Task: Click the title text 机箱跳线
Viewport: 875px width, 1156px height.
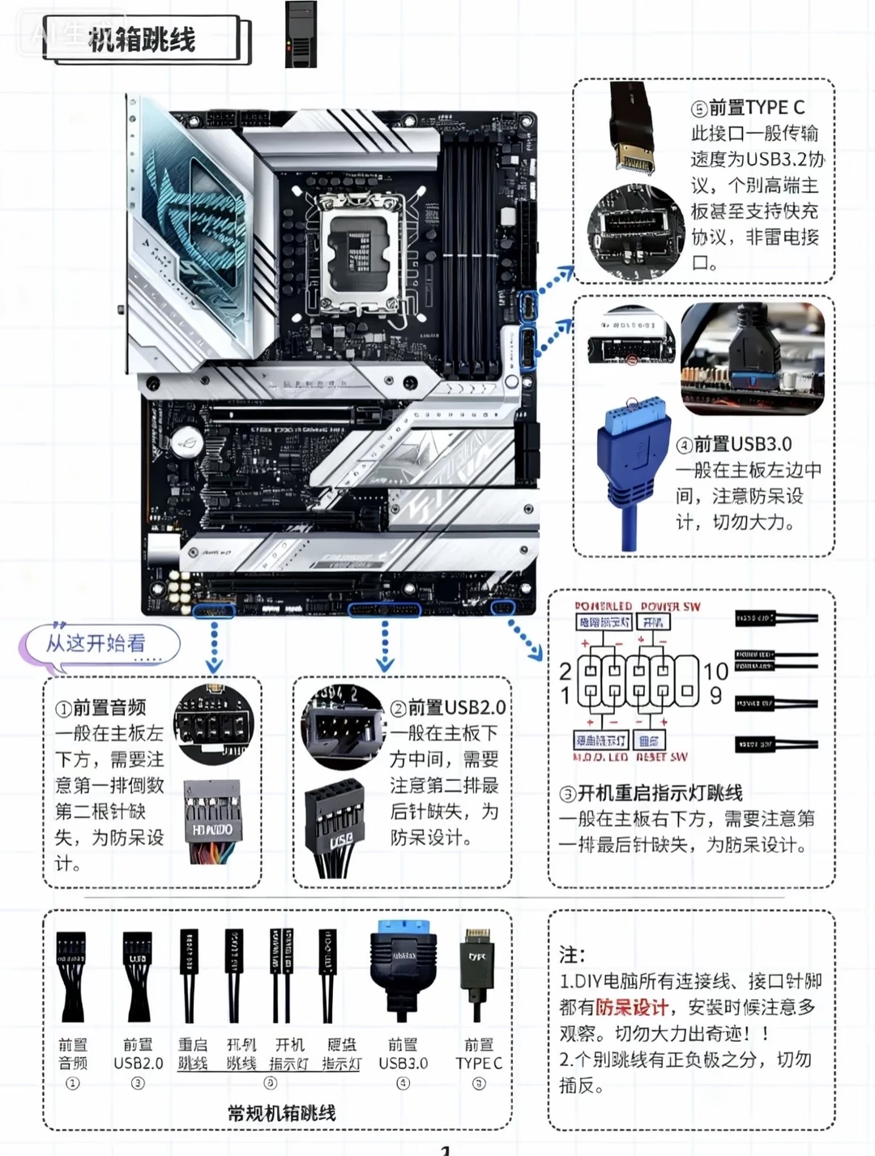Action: pyautogui.click(x=142, y=38)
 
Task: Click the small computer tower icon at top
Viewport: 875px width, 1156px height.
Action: pyautogui.click(x=301, y=35)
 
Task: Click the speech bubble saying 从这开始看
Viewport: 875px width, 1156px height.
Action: pyautogui.click(x=97, y=644)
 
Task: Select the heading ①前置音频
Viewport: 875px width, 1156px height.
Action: pyautogui.click(x=101, y=707)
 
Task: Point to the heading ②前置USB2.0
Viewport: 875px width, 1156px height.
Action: pyautogui.click(x=448, y=707)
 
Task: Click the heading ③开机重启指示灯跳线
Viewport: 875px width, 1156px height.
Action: pyautogui.click(x=651, y=793)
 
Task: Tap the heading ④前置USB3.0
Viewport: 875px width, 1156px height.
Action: pyautogui.click(x=734, y=444)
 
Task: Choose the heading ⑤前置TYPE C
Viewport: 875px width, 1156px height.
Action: pyautogui.click(x=747, y=108)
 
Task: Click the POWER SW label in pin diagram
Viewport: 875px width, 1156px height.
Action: pyautogui.click(x=670, y=607)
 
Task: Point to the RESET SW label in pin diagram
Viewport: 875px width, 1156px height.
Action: pyautogui.click(x=662, y=757)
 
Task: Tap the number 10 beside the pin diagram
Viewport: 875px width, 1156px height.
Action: pyautogui.click(x=715, y=671)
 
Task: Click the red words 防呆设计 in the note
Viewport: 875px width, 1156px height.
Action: pyautogui.click(x=632, y=1007)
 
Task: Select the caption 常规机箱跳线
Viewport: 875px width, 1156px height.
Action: pyautogui.click(x=281, y=1113)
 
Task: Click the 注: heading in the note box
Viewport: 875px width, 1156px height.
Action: pyautogui.click(x=571, y=954)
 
